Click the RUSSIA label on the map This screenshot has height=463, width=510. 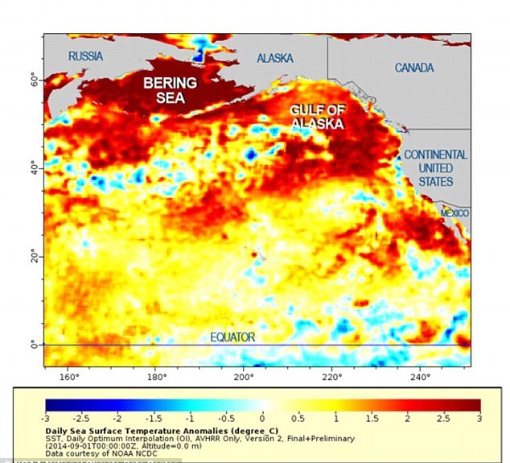point(86,56)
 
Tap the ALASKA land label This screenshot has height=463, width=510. point(275,58)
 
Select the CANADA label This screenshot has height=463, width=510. point(414,68)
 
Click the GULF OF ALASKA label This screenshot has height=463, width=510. point(316,117)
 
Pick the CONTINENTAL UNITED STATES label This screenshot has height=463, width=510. point(435,167)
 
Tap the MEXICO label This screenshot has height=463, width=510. point(454,213)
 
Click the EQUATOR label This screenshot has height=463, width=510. point(233,337)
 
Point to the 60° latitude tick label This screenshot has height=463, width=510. point(35,81)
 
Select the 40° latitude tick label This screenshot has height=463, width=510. point(35,169)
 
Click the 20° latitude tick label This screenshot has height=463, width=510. point(35,257)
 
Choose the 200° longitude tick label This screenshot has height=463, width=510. point(244,376)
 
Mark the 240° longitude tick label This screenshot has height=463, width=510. point(419,376)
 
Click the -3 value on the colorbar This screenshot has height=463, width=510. point(47,420)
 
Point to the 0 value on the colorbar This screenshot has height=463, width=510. point(262,420)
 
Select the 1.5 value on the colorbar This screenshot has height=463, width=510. point(372,420)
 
